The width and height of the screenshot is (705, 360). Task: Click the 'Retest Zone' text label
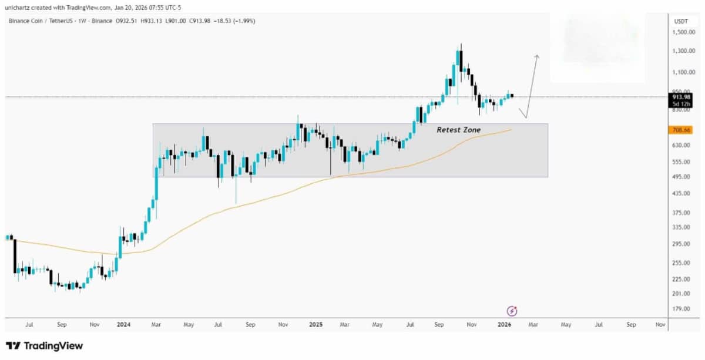pyautogui.click(x=458, y=130)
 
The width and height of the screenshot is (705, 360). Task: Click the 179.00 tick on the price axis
pyautogui.click(x=681, y=309)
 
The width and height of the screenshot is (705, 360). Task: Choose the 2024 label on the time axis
pyautogui.click(x=123, y=324)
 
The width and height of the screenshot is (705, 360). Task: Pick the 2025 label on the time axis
pyautogui.click(x=316, y=324)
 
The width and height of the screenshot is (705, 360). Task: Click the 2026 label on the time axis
pyautogui.click(x=504, y=324)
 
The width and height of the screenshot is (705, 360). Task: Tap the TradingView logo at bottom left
pyautogui.click(x=44, y=346)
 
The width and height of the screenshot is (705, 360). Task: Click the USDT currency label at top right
pyautogui.click(x=681, y=21)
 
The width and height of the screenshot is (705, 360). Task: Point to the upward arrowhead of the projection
pyautogui.click(x=536, y=56)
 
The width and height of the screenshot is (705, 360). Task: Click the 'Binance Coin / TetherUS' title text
pyautogui.click(x=38, y=21)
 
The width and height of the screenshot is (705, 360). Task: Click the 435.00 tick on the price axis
pyautogui.click(x=681, y=193)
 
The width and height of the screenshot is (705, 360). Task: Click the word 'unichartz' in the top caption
pyautogui.click(x=19, y=7)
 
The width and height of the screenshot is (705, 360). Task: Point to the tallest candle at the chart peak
pyautogui.click(x=459, y=59)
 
